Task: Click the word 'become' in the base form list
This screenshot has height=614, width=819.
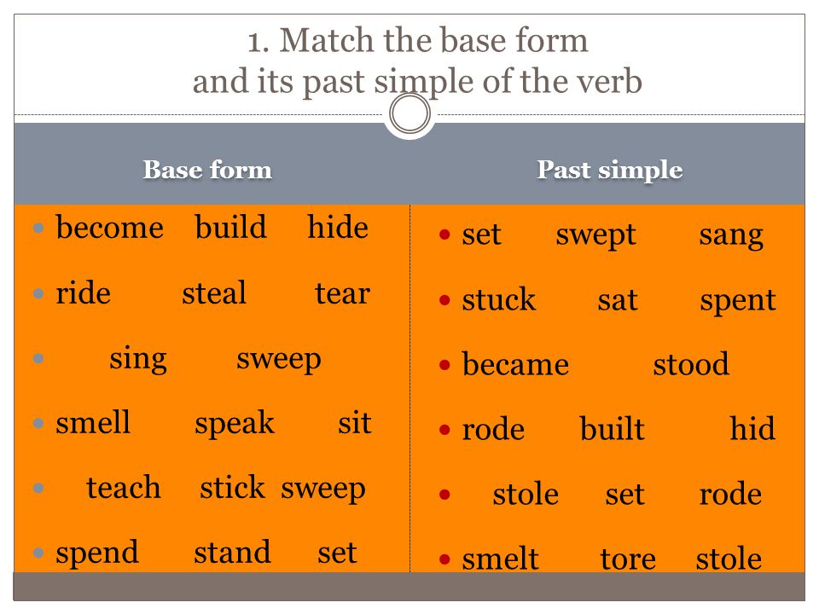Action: (110, 228)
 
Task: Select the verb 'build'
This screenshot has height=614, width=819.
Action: (231, 227)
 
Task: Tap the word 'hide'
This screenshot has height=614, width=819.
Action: (338, 227)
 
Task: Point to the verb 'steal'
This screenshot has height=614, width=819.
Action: (214, 293)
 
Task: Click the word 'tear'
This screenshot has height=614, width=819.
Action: (343, 293)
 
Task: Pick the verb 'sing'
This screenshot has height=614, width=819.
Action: (138, 359)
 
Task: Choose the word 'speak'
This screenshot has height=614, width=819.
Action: (235, 424)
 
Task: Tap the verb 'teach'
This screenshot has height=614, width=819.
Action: (124, 488)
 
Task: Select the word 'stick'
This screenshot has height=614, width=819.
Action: (232, 488)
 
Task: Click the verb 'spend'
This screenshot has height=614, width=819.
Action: (97, 553)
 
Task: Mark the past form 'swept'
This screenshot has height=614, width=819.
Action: (596, 235)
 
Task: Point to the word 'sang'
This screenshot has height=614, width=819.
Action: (731, 236)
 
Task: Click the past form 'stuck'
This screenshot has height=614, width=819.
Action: (499, 299)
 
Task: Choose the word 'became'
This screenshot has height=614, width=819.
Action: (515, 364)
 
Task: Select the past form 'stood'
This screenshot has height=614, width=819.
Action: (691, 364)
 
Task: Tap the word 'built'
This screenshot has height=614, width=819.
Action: (613, 429)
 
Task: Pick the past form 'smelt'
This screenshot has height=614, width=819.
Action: (501, 558)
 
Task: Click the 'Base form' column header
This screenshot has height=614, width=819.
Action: (207, 170)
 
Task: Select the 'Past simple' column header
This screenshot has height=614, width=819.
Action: (609, 171)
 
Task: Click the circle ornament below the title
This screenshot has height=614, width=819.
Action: (410, 94)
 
